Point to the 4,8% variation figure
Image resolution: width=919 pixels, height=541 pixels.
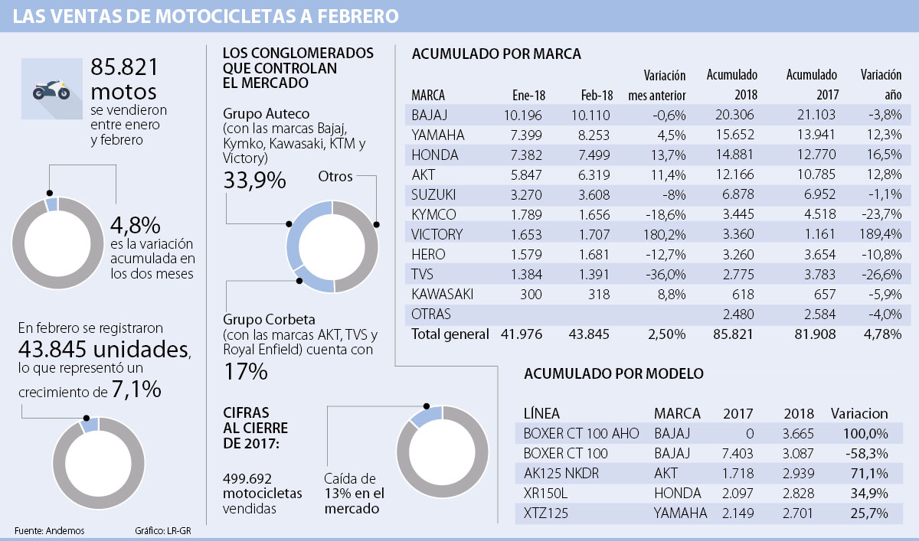(136, 225)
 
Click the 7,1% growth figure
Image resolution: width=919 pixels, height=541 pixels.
(135, 390)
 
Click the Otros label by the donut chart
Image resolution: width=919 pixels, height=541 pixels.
(335, 176)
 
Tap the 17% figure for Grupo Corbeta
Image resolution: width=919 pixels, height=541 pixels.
(245, 372)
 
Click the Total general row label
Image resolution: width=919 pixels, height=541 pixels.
(450, 334)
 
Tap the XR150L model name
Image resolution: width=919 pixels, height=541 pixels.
(545, 493)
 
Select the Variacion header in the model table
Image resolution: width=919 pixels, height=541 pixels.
(860, 413)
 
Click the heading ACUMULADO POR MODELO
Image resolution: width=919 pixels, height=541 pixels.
(614, 374)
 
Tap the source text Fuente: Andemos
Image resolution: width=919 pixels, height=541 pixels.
(49, 530)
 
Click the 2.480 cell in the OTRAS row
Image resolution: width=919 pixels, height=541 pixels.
(737, 314)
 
